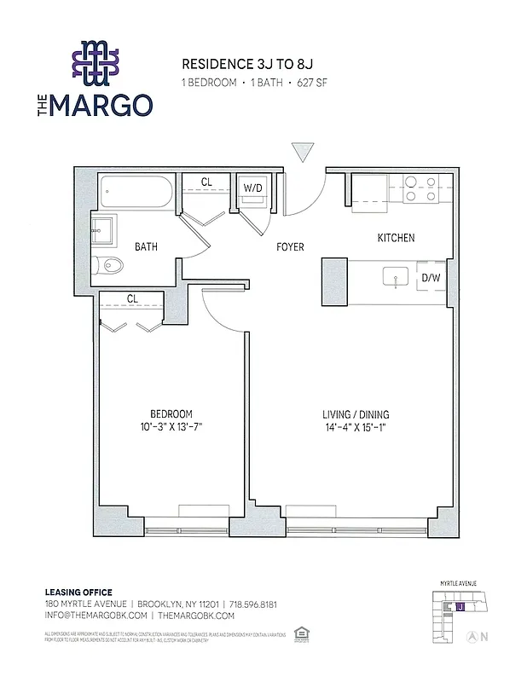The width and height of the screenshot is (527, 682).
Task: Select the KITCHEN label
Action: [x=396, y=238]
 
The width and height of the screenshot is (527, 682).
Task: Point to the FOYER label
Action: [x=290, y=247]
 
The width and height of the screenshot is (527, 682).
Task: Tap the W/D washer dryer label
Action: [x=252, y=188]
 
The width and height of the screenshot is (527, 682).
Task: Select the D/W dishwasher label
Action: [x=431, y=277]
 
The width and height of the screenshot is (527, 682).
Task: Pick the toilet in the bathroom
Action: [x=109, y=265]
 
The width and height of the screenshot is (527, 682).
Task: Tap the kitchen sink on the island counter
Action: [x=395, y=276]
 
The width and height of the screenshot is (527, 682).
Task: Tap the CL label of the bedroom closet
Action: [x=132, y=298]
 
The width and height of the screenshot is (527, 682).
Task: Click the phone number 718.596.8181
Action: [x=254, y=604]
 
